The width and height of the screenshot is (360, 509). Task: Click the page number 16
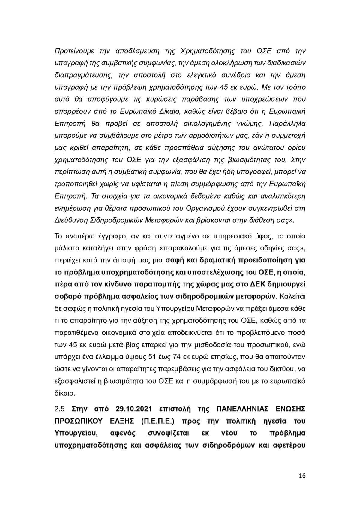point(302,476)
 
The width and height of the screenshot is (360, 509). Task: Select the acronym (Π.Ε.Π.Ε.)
point(161,421)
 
